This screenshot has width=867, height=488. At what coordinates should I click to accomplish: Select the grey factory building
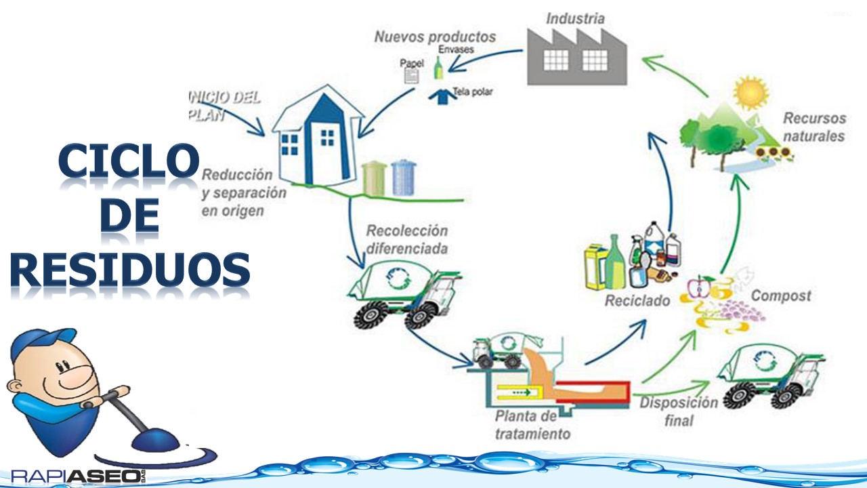(576, 57)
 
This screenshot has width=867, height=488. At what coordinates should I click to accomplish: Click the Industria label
(575, 18)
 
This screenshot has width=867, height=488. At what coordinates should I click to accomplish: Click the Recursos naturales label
(814, 127)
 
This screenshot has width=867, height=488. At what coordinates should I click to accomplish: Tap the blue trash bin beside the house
(404, 178)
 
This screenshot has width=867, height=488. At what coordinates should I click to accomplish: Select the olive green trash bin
(375, 178)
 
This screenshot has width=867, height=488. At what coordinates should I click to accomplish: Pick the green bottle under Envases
(438, 68)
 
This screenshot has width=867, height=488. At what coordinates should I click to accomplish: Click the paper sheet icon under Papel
(411, 76)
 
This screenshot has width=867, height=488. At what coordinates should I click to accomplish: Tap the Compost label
(781, 296)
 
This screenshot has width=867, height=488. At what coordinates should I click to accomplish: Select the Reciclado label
(637, 300)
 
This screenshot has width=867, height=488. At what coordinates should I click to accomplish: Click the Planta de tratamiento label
(532, 425)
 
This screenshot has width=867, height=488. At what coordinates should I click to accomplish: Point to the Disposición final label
(679, 411)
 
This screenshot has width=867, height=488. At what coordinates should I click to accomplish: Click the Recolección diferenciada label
(407, 239)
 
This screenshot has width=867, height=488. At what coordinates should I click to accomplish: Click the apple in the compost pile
(698, 287)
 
